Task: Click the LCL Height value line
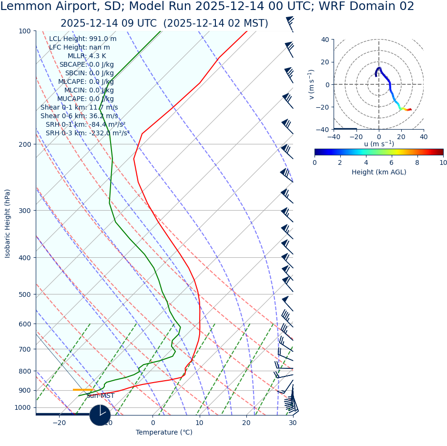click(x=82, y=39)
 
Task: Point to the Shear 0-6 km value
click(x=79, y=116)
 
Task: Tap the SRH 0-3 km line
click(x=87, y=133)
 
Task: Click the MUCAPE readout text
click(x=85, y=99)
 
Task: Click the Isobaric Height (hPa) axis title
click(x=8, y=223)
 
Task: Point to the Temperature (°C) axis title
click(x=164, y=433)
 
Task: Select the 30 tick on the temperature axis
click(x=293, y=423)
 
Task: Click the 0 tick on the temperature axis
click(x=153, y=423)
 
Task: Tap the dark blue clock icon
click(x=100, y=415)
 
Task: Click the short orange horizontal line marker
click(x=83, y=390)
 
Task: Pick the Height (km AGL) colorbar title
click(x=379, y=172)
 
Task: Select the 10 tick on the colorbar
click(x=443, y=162)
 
